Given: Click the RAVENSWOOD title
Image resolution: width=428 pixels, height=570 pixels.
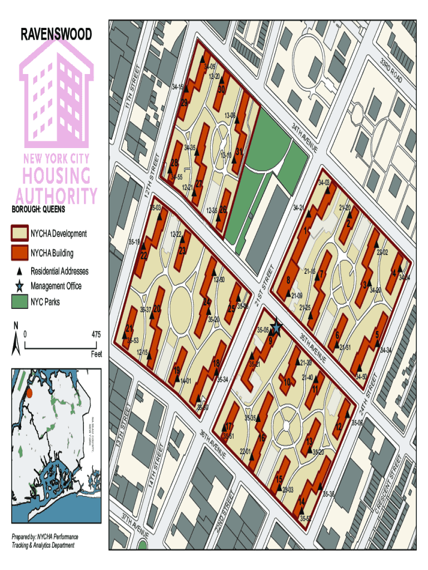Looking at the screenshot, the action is (x=56, y=35).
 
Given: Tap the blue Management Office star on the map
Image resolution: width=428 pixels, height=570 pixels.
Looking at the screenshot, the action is (x=276, y=329).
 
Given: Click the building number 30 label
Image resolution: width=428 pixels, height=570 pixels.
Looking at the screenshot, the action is (x=221, y=89).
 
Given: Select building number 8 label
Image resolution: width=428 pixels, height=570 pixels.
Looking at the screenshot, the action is (x=288, y=280).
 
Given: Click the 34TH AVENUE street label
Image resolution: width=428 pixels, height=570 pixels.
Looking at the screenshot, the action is (x=304, y=139).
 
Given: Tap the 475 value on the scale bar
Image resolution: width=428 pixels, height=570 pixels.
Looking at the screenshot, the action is (x=96, y=335).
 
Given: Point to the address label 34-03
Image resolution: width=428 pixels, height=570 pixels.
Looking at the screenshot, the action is (x=324, y=183).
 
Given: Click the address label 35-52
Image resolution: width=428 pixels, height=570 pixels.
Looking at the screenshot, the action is (x=305, y=518).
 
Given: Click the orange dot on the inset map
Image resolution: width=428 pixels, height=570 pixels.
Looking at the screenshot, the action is (x=30, y=392).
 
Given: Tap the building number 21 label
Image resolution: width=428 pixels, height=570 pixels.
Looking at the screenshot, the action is (x=130, y=328).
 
